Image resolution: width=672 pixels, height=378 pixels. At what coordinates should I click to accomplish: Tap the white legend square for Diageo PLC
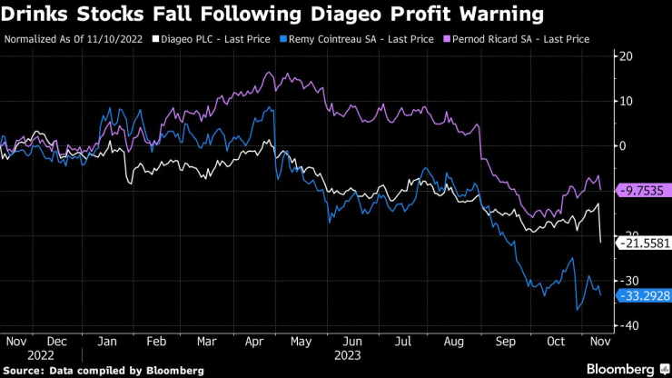coord(155,39)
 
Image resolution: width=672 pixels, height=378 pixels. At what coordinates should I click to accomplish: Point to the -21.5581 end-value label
coord(642,243)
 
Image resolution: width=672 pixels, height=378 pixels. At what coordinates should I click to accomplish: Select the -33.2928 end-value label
coord(642,295)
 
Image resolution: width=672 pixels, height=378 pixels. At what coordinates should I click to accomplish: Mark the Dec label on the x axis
coord(58,341)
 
